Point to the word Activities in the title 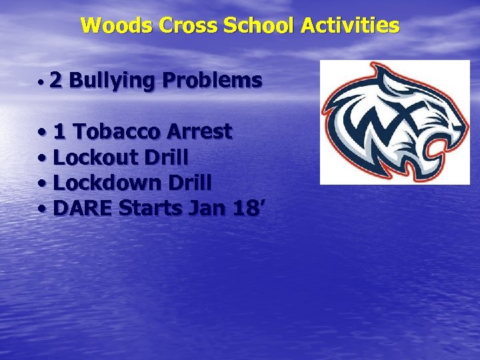tap(350, 26)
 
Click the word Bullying tap(112, 81)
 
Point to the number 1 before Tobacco tap(59, 132)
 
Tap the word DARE tap(83, 209)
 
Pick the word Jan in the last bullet tap(207, 209)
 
